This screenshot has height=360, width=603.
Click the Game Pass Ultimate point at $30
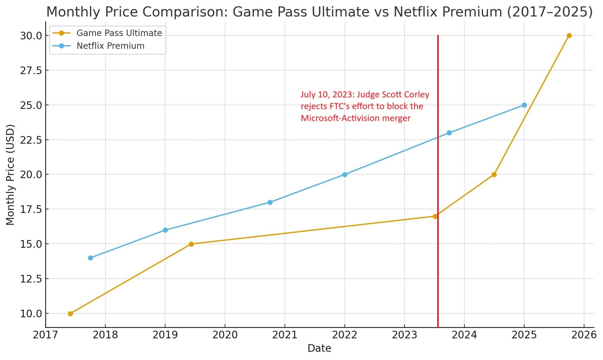click(x=569, y=36)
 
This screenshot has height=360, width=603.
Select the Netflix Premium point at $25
click(x=524, y=105)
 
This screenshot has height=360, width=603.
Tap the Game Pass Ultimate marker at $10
click(x=70, y=314)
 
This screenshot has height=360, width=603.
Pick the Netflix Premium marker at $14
click(x=90, y=258)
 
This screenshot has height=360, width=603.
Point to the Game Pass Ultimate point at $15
click(x=191, y=244)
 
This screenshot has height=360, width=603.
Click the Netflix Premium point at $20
click(x=345, y=175)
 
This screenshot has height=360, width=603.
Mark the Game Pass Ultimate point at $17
click(x=435, y=216)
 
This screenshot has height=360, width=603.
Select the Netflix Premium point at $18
click(x=270, y=202)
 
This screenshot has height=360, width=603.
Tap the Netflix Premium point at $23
click(x=449, y=133)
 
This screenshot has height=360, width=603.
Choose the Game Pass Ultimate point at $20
click(x=494, y=175)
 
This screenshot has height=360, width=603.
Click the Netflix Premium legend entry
click(x=110, y=46)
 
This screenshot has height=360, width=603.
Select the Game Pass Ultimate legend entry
click(x=119, y=33)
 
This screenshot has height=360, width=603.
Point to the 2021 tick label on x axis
click(x=285, y=335)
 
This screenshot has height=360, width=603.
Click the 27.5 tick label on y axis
click(x=31, y=70)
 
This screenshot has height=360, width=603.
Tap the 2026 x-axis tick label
click(x=584, y=335)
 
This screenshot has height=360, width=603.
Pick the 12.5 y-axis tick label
click(x=31, y=279)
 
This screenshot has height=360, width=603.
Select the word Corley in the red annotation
click(x=416, y=95)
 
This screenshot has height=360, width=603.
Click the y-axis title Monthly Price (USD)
click(x=10, y=175)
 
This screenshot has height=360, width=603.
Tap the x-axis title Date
click(x=319, y=348)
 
